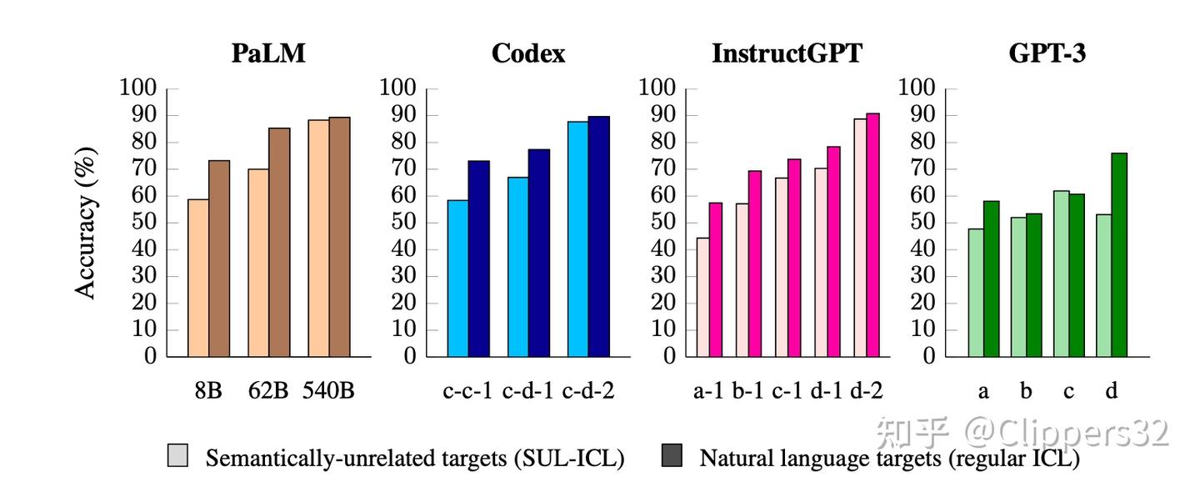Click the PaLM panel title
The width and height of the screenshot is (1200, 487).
268,54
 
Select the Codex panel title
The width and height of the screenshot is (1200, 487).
528,54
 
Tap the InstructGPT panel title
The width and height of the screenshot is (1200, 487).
787,54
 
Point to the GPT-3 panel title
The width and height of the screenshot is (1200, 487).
1047,54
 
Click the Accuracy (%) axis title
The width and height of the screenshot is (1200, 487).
87,223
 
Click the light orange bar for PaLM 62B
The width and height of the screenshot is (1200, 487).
258,263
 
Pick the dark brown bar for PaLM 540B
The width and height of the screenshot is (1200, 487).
339,237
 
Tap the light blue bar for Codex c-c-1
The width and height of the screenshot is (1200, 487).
457,279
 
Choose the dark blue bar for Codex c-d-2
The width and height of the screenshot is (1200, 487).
599,237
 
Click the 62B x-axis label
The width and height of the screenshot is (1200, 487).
267,390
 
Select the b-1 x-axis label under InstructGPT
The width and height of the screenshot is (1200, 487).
747,390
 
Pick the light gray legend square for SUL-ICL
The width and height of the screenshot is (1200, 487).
177,454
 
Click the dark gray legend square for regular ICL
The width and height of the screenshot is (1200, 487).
671,454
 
